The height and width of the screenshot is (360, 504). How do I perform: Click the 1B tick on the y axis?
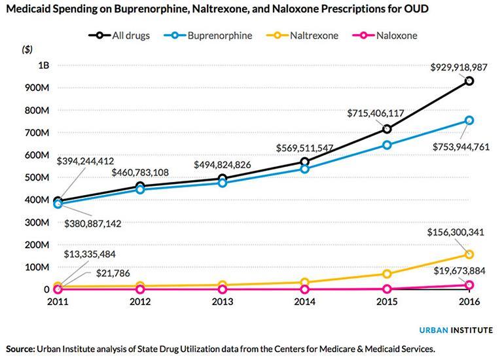[x=43, y=65]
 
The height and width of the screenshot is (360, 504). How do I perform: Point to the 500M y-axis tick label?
[x=39, y=177]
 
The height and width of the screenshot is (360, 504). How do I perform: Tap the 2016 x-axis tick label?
[x=469, y=302]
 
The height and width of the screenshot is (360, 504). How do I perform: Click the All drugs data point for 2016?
[x=469, y=81]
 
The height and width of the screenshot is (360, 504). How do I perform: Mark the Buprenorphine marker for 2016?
[x=469, y=120]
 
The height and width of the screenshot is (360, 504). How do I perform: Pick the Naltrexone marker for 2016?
[x=469, y=254]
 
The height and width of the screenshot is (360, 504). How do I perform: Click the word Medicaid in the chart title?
[x=29, y=10]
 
